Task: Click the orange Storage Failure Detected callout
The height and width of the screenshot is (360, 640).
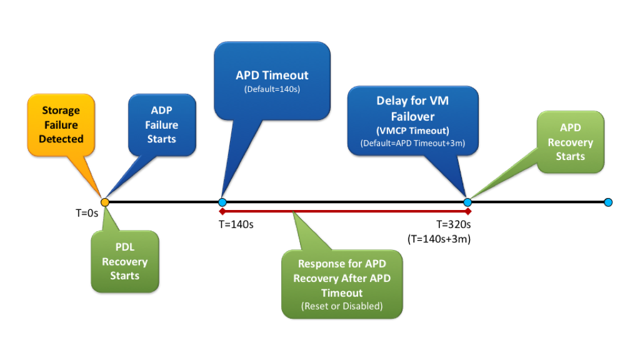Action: tap(61, 125)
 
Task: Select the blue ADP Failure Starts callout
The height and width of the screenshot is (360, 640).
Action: tap(161, 124)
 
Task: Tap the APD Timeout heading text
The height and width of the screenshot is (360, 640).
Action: tap(272, 75)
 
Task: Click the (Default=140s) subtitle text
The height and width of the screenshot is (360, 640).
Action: tap(272, 89)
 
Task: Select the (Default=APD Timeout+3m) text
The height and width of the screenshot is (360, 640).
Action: tap(412, 143)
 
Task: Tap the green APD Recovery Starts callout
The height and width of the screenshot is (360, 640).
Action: tap(570, 141)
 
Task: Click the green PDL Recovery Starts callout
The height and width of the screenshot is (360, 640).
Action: tap(124, 262)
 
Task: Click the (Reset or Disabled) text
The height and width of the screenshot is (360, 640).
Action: tap(342, 306)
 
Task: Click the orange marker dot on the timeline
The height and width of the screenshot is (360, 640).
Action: tap(105, 202)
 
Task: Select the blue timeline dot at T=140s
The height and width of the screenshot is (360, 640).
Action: tap(222, 202)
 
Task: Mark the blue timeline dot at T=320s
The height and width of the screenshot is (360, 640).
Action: tap(467, 202)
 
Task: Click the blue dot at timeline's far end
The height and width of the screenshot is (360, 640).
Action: tap(608, 202)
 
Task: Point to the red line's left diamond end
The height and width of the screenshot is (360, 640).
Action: tap(222, 211)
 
